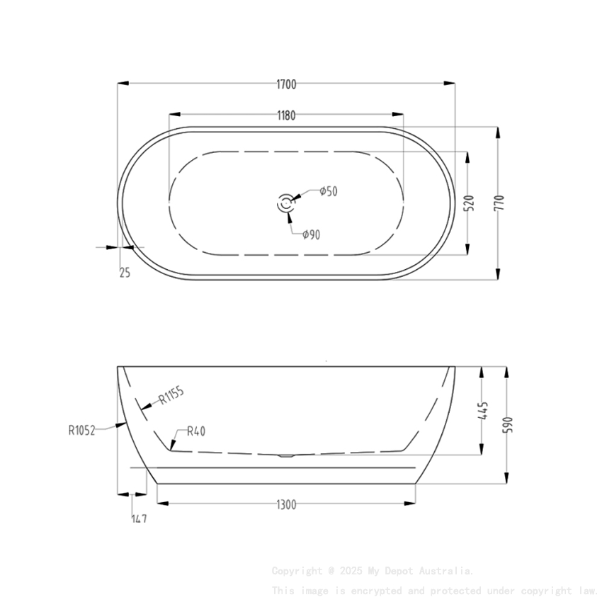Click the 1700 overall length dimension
286,84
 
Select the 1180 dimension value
286,115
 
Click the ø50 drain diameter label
328,191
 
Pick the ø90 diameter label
311,234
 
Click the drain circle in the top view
286,203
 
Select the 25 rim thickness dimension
125,272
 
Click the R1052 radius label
81,429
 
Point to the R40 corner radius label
196,431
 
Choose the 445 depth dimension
483,411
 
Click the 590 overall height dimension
507,425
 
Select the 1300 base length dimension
286,504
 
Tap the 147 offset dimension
139,518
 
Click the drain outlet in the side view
286,455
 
